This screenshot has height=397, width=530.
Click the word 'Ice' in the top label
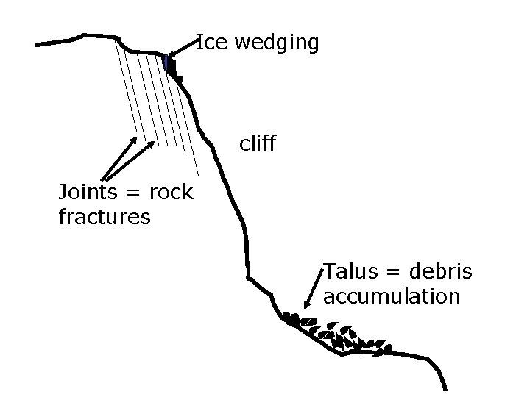212,43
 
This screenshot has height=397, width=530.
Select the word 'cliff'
258,143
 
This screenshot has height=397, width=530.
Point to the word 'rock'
171,193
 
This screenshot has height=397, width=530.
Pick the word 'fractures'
104,218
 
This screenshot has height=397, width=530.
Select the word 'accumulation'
392,296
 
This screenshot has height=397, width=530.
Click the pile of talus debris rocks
339,335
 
